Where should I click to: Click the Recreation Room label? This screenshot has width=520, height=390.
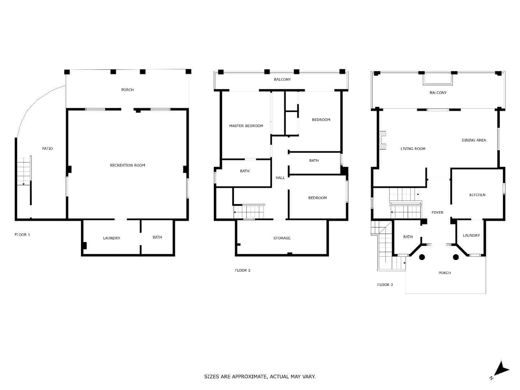click(127, 165)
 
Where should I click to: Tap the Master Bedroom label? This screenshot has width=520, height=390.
click(246, 126)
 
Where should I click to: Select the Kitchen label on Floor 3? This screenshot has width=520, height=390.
click(477, 195)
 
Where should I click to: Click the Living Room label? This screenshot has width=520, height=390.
click(413, 149)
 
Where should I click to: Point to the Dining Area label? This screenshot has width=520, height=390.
click(473, 140)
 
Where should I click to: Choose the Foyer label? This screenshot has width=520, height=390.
click(437, 213)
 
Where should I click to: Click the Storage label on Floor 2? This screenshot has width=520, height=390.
click(282, 238)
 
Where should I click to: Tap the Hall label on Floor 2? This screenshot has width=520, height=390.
click(280, 178)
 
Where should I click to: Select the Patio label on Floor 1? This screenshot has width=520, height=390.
click(47, 148)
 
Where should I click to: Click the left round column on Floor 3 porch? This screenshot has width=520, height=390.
click(422, 257)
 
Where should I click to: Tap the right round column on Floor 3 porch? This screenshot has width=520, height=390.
click(456, 257)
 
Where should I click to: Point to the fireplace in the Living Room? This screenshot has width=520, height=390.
click(382, 140)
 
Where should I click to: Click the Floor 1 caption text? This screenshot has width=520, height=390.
click(22, 235)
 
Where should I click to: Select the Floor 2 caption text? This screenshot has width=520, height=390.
click(242, 270)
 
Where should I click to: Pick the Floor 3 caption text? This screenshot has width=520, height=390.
click(385, 285)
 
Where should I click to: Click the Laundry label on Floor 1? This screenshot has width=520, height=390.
click(111, 238)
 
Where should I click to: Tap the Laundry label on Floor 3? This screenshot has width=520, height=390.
click(471, 235)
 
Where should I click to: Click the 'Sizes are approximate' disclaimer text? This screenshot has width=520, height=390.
click(260, 377)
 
